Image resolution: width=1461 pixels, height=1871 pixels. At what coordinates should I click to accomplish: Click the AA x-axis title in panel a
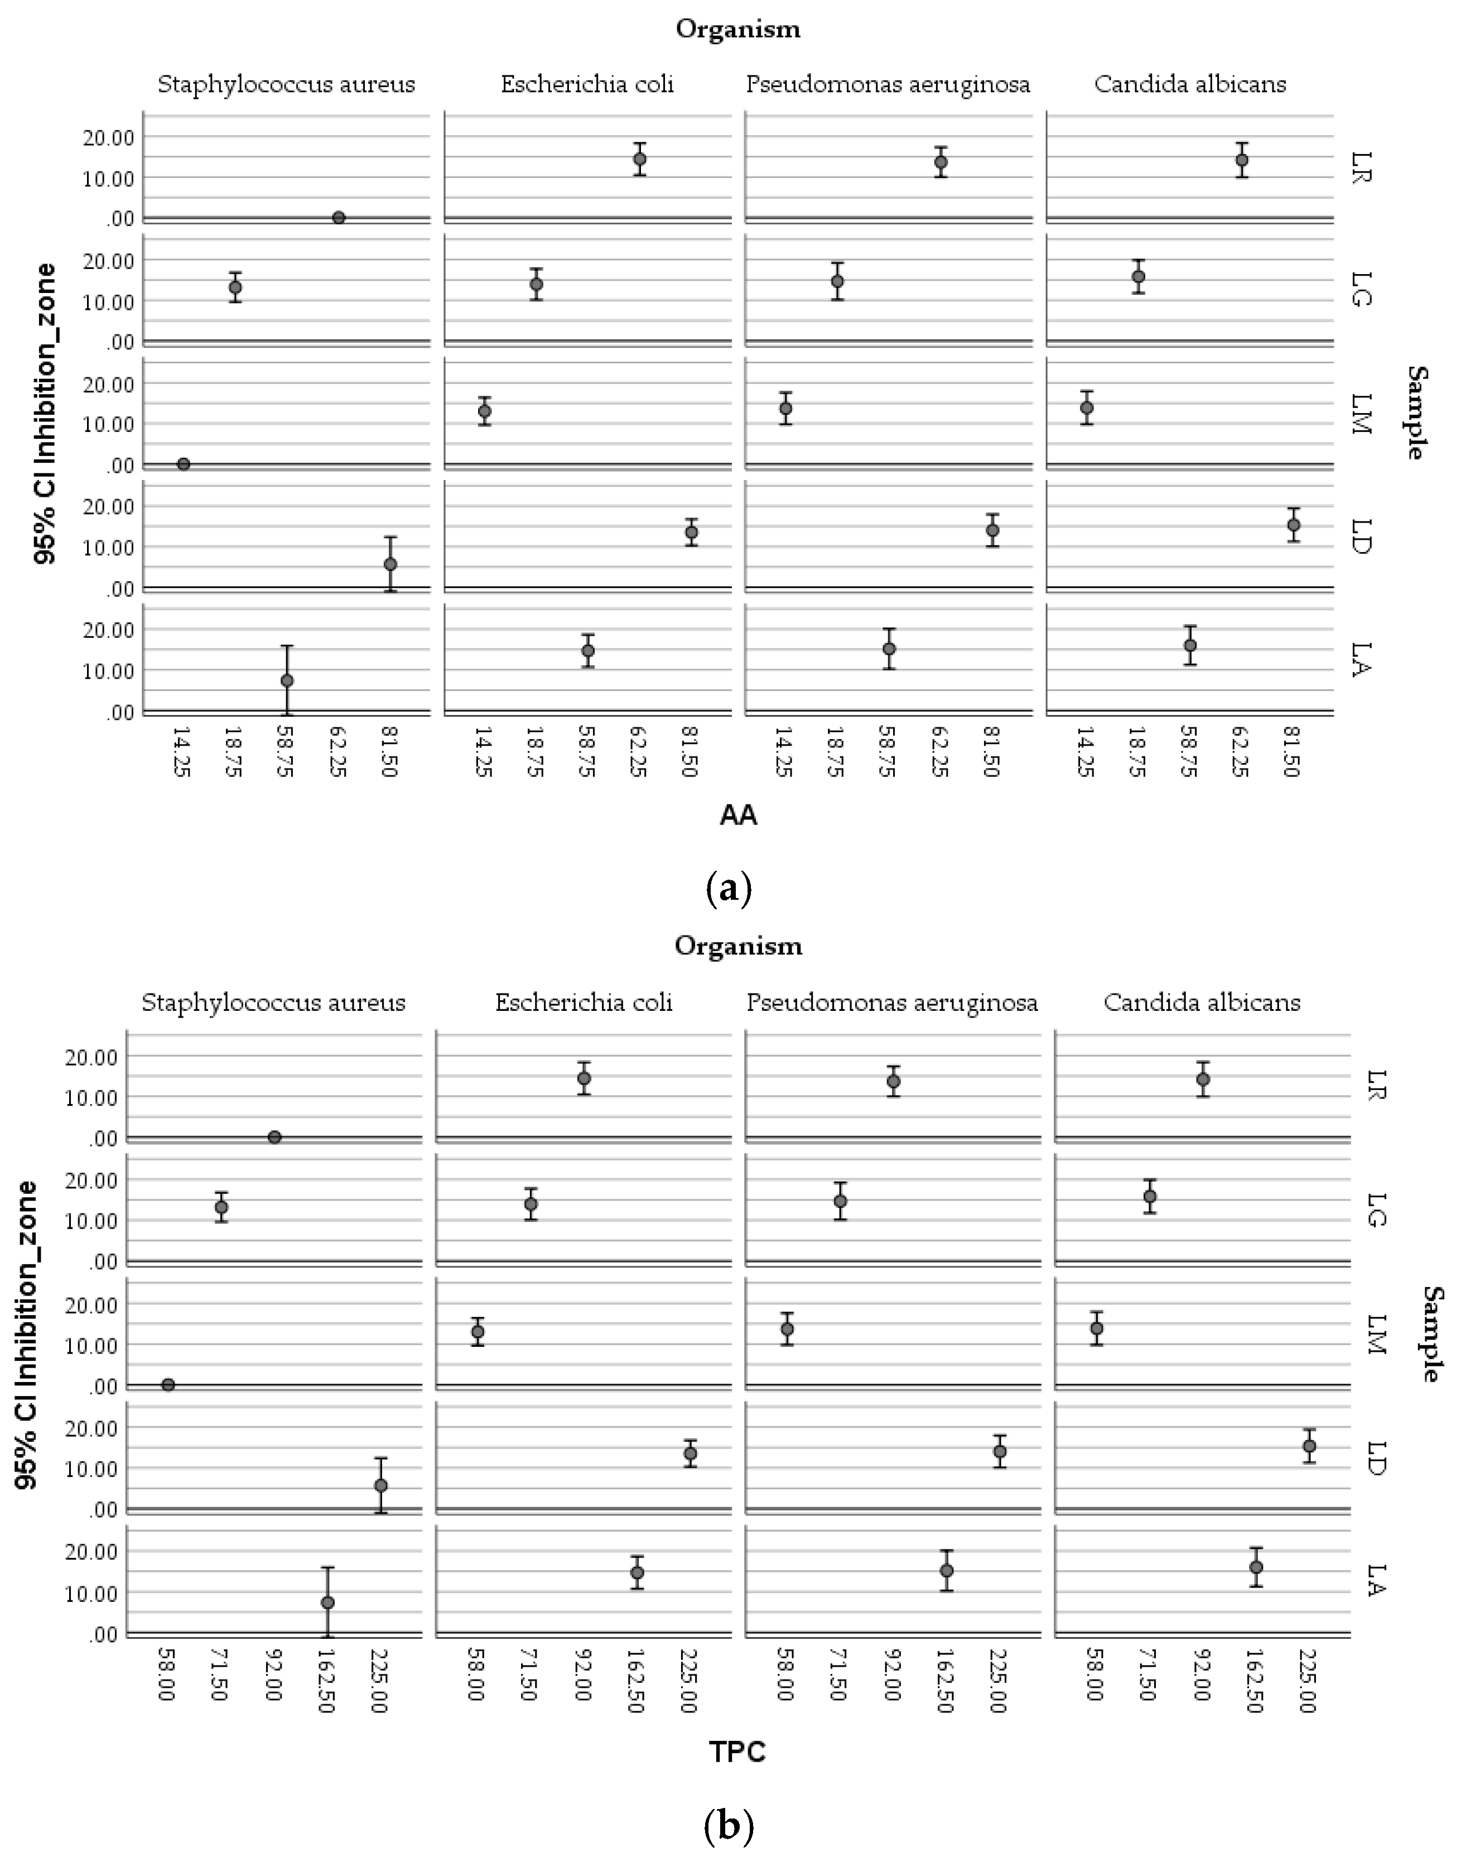[x=737, y=815]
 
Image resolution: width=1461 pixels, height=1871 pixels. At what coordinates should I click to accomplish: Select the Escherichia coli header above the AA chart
[x=587, y=84]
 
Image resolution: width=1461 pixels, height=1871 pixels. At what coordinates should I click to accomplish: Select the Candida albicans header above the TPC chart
[x=1202, y=1002]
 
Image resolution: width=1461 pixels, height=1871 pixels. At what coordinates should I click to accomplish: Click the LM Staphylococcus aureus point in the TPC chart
[x=168, y=1385]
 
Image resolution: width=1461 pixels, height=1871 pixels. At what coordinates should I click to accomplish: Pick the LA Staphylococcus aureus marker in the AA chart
[x=287, y=681]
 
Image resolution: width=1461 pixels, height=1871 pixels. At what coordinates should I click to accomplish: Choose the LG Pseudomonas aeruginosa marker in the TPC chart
[x=840, y=1201]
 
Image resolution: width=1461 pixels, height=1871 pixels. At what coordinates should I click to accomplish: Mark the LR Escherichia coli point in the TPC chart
[x=584, y=1078]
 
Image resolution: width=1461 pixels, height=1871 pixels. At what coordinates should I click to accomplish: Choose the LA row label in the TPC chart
[x=1375, y=1580]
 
